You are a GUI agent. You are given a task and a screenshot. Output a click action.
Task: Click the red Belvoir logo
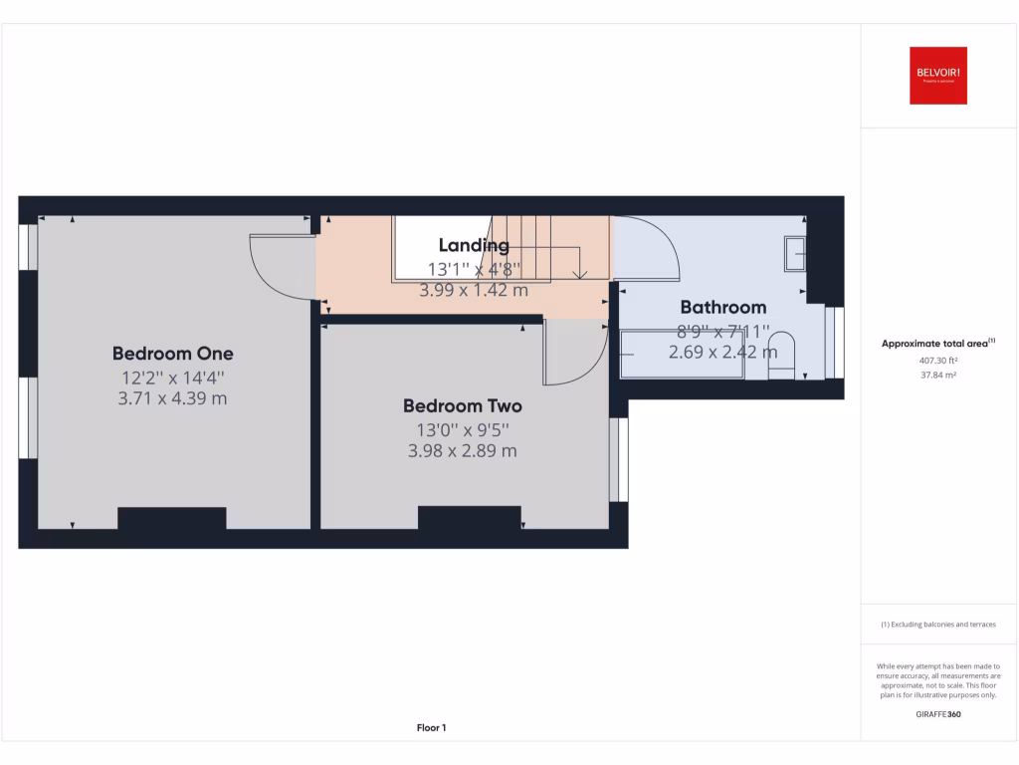click(x=937, y=76)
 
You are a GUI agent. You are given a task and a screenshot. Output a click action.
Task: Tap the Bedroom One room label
click(x=172, y=354)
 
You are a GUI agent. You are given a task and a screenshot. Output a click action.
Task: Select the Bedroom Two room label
click(x=462, y=406)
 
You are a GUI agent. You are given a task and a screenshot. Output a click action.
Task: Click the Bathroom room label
click(x=722, y=307)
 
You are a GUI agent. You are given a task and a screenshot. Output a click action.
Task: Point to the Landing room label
click(x=474, y=245)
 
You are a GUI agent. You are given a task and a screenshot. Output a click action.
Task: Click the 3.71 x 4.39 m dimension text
click(x=172, y=398)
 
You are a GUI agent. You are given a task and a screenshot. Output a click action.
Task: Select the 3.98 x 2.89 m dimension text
click(x=462, y=451)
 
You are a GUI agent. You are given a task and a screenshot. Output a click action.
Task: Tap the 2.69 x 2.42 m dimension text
click(x=722, y=352)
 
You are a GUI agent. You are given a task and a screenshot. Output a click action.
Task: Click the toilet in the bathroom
click(x=783, y=356)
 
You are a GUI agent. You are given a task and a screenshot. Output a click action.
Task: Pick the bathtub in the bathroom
click(x=683, y=356)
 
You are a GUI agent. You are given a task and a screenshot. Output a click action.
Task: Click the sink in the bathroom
click(x=795, y=253)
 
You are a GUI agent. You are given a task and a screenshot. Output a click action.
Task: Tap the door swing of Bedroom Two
click(x=572, y=352)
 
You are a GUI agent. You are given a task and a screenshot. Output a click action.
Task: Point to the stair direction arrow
click(x=580, y=271)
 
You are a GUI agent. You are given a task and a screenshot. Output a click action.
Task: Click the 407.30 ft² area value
click(x=937, y=363)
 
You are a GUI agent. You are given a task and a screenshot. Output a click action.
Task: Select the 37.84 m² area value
click(x=937, y=376)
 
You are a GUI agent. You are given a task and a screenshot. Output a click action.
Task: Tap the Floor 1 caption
click(x=431, y=728)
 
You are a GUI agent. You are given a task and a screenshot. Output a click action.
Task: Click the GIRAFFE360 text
click(x=937, y=714)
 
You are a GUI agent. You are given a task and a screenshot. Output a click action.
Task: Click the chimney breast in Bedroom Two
click(x=470, y=517)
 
